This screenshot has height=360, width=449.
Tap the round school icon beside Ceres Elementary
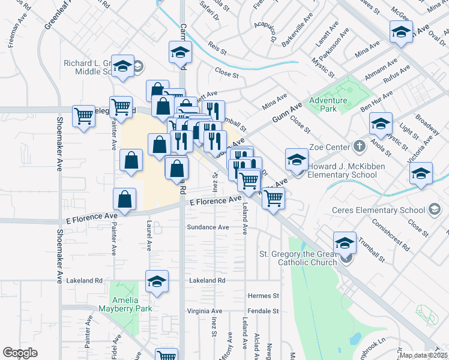click(x=435, y=209)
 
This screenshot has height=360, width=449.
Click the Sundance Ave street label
click(x=208, y=227)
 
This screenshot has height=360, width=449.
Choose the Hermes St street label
click(x=264, y=296)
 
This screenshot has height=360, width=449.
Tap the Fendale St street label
click(x=264, y=311)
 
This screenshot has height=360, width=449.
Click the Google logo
click(x=20, y=353)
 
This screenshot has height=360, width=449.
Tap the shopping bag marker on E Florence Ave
click(x=124, y=200)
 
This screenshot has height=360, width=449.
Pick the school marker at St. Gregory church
click(x=345, y=244)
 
